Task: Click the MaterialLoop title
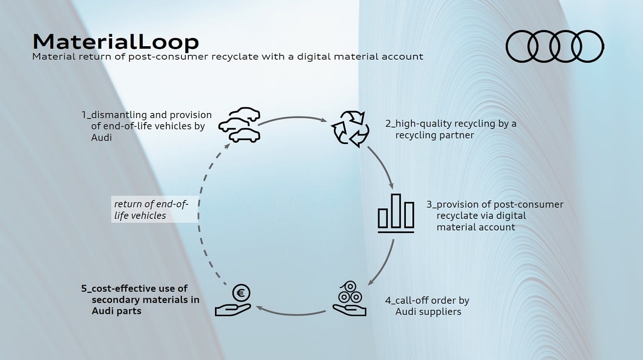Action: click(x=116, y=42)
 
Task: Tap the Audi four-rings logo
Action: click(x=555, y=46)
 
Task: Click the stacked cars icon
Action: click(x=240, y=125)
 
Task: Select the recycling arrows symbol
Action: click(x=350, y=129)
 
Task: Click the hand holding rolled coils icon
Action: click(x=349, y=299)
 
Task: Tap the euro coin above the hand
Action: click(x=241, y=293)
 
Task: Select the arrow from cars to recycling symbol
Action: click(x=292, y=117)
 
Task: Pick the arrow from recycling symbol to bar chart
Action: click(x=383, y=166)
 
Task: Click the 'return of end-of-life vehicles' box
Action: click(x=155, y=209)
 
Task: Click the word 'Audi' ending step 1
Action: click(x=101, y=138)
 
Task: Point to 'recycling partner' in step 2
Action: click(x=435, y=135)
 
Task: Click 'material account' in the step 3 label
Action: click(x=476, y=227)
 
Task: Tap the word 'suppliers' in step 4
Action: click(x=443, y=312)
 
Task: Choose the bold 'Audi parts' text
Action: click(x=117, y=311)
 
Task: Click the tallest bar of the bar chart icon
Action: click(x=396, y=211)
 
